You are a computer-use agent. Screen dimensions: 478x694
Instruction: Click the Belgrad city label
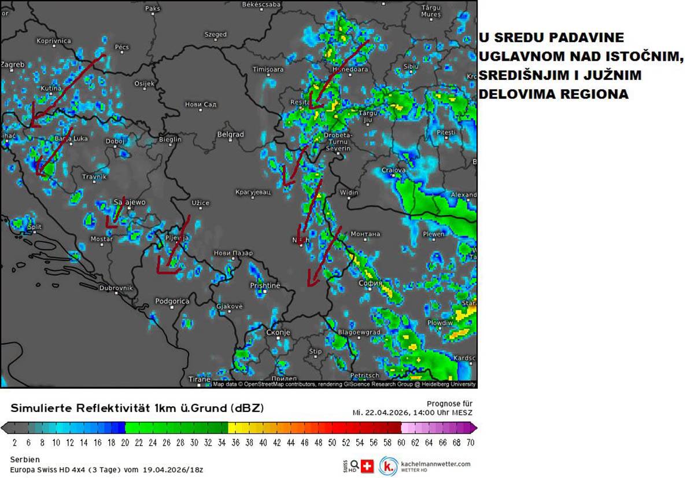[x=230, y=134]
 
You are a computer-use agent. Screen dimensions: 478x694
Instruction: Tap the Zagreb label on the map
[x=13, y=64]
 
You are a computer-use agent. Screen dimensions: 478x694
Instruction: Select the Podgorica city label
[x=172, y=301]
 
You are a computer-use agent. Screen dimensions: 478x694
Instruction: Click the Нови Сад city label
[x=200, y=104]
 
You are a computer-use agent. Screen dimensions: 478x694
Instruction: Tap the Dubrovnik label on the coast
[x=116, y=288]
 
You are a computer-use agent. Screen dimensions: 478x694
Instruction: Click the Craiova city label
[x=393, y=170]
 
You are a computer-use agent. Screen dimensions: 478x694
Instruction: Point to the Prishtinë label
[x=264, y=285]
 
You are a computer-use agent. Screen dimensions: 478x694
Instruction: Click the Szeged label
[x=216, y=35]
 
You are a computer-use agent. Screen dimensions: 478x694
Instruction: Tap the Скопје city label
[x=278, y=333]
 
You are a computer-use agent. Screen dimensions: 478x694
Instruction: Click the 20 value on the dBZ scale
[x=125, y=443]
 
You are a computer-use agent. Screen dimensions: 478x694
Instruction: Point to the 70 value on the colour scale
[x=470, y=443]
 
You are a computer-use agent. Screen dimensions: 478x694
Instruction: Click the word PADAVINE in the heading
[x=587, y=38]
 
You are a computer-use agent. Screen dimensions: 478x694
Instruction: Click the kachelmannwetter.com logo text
[x=435, y=464]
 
